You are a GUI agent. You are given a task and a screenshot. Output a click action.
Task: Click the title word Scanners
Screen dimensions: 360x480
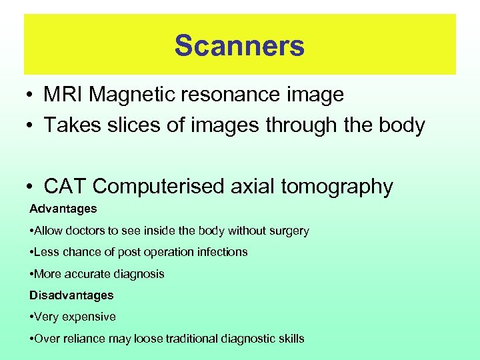click(x=239, y=45)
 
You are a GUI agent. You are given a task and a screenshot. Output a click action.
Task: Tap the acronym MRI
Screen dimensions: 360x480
click(x=63, y=95)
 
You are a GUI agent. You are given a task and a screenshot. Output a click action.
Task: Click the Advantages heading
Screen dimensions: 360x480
click(x=63, y=209)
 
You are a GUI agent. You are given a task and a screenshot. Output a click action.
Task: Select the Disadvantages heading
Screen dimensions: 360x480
click(x=71, y=295)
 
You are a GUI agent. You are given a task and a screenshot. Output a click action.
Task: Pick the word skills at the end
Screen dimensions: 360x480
click(x=291, y=338)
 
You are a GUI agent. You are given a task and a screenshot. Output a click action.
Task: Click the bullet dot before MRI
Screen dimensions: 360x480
click(x=31, y=95)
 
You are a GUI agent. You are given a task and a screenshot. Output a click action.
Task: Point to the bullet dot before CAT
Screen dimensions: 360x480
click(x=31, y=187)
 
